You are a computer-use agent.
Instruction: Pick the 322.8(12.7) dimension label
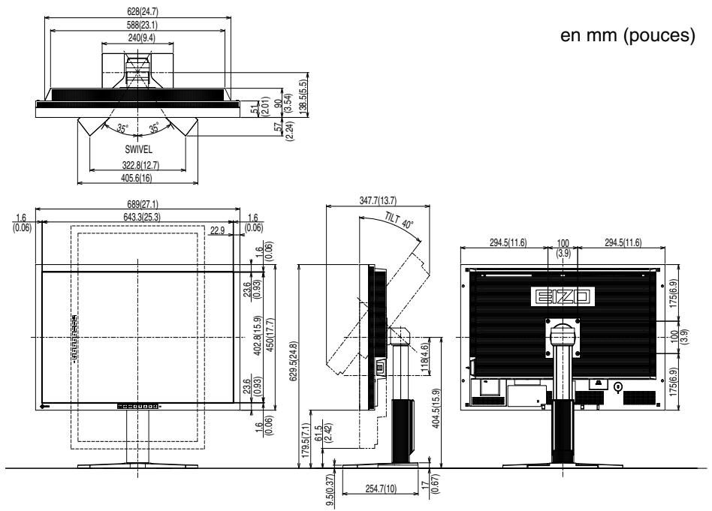tap(138, 164)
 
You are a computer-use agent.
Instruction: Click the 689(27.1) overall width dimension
tap(140, 203)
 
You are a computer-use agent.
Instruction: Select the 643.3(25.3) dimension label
tap(139, 218)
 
